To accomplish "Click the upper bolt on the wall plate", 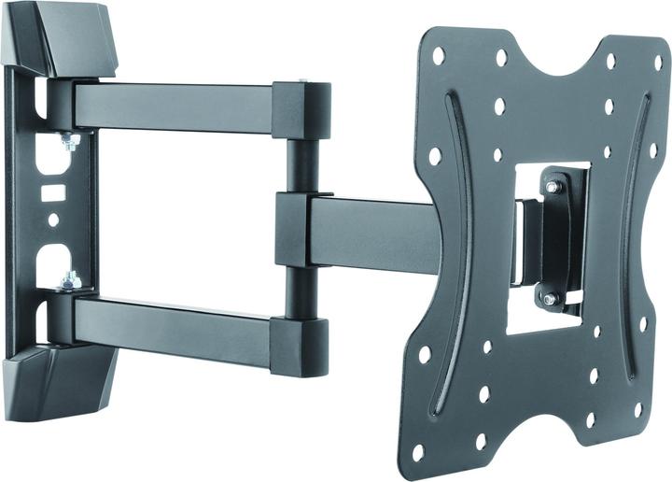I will point(68,142).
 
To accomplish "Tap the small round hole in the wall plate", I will point(53,220).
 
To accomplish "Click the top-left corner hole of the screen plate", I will point(439,56).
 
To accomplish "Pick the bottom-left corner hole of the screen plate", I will point(417,452).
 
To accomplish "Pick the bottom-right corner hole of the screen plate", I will point(637,409).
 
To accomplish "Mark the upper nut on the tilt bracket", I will point(553,188).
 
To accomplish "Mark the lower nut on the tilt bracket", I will point(549,299).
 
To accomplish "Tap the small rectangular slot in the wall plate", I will point(52,192).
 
